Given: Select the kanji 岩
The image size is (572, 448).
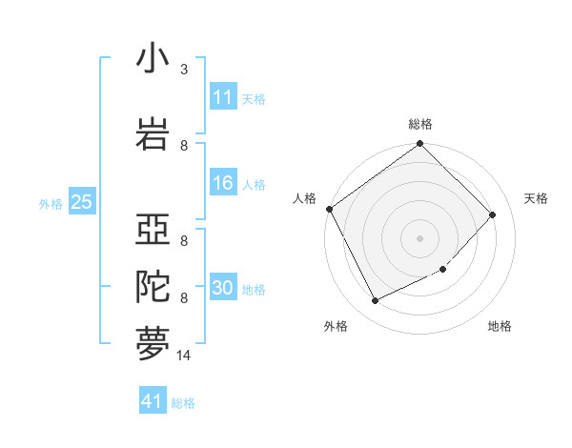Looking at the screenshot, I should click(153, 132).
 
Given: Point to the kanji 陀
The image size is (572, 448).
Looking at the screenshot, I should click(153, 287).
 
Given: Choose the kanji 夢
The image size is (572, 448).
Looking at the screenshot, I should click(153, 344).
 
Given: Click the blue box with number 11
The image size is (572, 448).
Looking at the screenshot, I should click(223, 97).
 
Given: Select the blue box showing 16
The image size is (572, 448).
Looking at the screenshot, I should click(223, 184).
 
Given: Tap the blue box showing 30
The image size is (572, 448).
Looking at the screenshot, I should click(223, 289).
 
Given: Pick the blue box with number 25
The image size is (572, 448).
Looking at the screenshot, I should click(81, 202).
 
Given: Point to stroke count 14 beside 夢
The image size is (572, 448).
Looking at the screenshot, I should click(184, 356).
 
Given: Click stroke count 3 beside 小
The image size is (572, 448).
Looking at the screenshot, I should click(184, 70).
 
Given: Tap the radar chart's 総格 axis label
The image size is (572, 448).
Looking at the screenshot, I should click(420, 124).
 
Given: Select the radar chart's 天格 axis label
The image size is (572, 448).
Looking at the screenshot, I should click(537, 198).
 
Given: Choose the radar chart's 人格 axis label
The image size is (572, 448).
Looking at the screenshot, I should click(305, 198).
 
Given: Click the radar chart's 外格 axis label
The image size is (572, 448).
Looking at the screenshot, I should click(336, 326).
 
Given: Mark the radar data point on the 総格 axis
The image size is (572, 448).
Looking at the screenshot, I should click(420, 145).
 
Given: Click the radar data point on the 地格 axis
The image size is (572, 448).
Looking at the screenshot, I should click(443, 270).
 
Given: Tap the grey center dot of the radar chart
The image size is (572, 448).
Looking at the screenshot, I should click(420, 237).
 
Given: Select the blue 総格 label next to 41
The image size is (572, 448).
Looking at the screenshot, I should click(183, 403).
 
